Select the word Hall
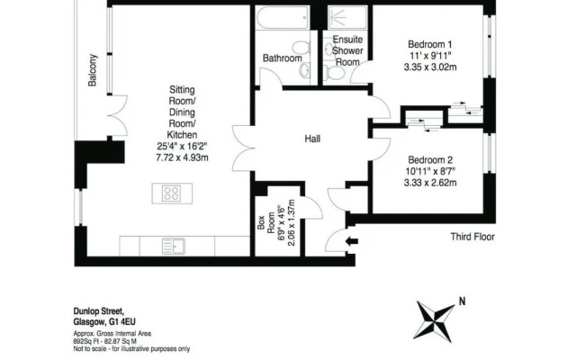(x=312, y=139)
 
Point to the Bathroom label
(x=282, y=58)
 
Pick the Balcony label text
(x=93, y=68)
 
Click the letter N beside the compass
(x=463, y=301)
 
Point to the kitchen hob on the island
(x=172, y=193)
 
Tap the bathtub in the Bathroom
(x=282, y=19)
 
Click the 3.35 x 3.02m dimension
(x=431, y=67)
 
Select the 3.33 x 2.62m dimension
(x=430, y=183)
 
